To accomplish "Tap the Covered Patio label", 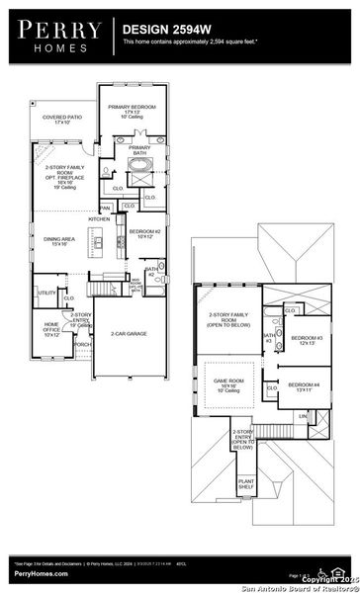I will coord(61,119).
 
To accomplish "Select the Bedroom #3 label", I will coord(303,341).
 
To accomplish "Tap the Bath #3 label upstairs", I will coord(268,338).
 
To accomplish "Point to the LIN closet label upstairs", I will coord(303,416).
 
